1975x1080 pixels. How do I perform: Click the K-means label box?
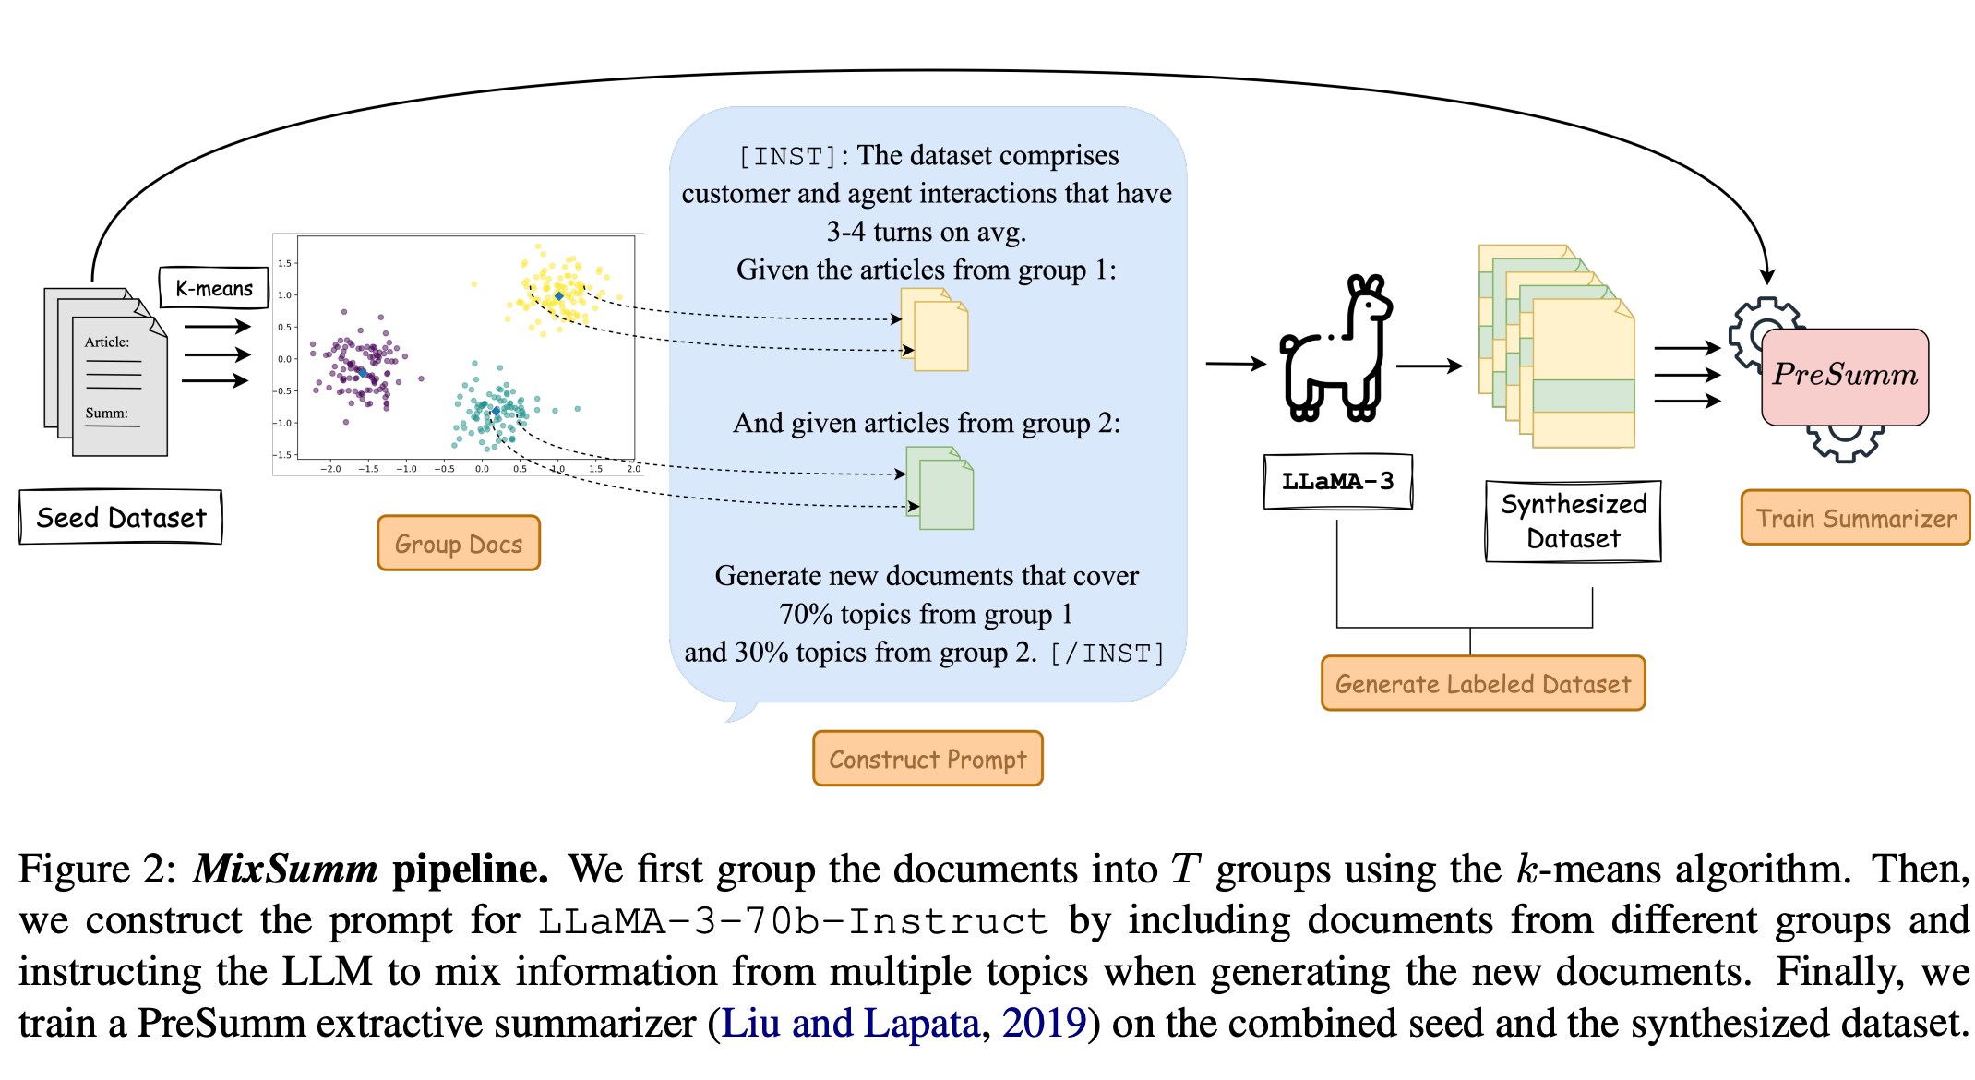coord(213,288)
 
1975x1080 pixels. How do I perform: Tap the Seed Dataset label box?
coord(121,518)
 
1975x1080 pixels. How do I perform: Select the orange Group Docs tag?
coord(459,544)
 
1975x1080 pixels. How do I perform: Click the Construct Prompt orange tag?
coord(928,759)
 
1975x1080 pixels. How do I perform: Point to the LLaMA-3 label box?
coord(1337,481)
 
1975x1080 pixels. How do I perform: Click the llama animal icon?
coord(1336,351)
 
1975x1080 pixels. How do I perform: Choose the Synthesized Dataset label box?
coord(1573,522)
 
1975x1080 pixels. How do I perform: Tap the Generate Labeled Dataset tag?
coord(1483,684)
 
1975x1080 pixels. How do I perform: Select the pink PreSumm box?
coord(1845,376)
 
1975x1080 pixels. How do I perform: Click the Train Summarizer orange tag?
coord(1855,518)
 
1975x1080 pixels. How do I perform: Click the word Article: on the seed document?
coord(107,342)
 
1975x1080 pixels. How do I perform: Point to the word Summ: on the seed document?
coord(107,413)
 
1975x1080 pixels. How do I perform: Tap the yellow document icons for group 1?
coord(935,330)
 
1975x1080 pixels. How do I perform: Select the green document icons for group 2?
coord(940,488)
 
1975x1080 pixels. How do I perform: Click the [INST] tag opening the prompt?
coord(787,156)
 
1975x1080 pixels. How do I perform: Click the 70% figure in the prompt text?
coord(805,614)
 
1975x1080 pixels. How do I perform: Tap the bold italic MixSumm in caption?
coord(285,870)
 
